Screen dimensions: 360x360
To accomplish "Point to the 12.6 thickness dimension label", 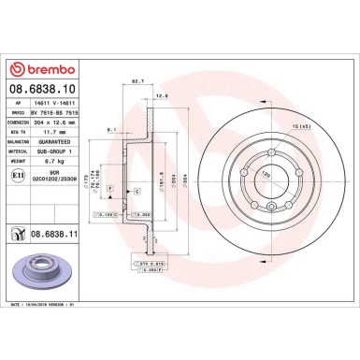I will [162, 95].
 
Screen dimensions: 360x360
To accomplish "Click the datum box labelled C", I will [137, 191].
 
